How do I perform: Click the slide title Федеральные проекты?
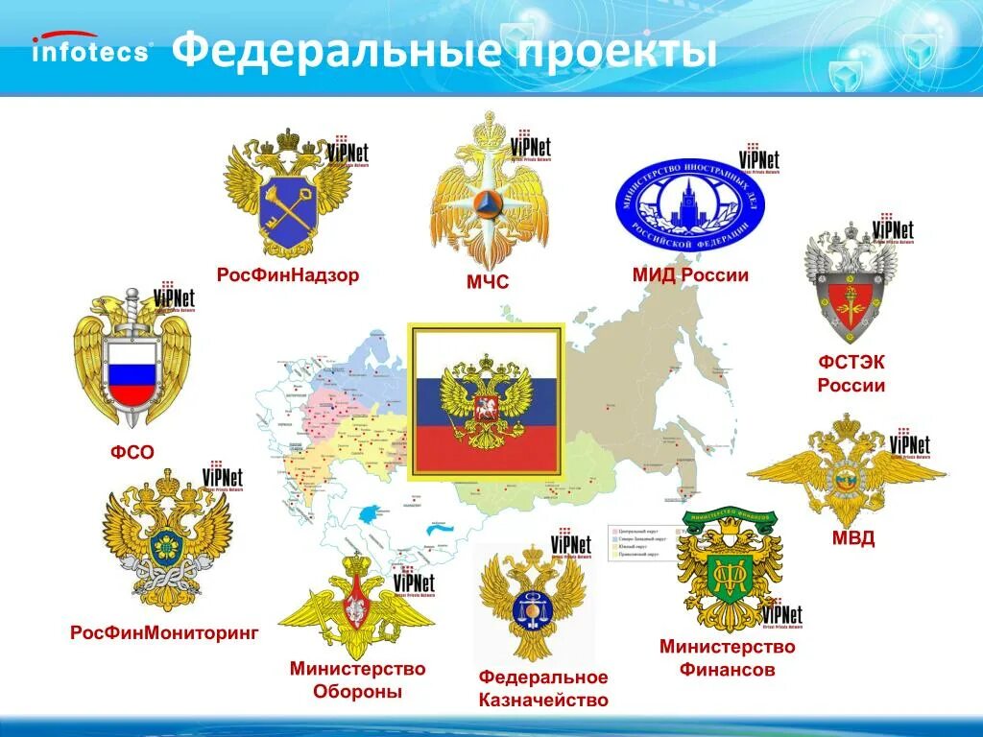(444, 51)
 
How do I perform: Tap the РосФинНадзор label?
(287, 275)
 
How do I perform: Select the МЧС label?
(487, 282)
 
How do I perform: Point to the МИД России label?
(690, 275)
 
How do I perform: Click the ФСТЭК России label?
(851, 373)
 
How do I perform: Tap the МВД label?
(852, 537)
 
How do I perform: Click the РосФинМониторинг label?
(164, 633)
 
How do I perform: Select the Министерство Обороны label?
(357, 679)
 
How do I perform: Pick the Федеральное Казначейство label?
(543, 689)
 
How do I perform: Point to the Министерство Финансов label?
(727, 658)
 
